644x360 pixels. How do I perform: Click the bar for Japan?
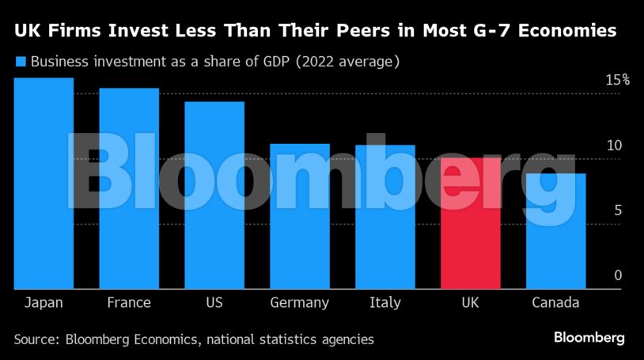[44, 184]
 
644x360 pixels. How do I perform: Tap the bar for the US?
[214, 195]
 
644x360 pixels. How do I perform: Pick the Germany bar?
[300, 216]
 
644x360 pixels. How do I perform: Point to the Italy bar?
[385, 217]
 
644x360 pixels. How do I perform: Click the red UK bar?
[471, 224]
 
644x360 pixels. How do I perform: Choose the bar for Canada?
[556, 231]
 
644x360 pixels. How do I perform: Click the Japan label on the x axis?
[44, 303]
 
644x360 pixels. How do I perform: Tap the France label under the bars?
[129, 303]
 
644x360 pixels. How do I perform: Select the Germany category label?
[299, 303]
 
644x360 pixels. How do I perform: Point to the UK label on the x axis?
[470, 303]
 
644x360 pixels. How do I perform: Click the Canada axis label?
[555, 303]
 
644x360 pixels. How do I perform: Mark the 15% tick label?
[617, 80]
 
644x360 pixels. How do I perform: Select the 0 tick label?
[619, 275]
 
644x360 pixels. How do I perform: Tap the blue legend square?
[21, 61]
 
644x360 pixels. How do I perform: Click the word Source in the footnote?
[38, 339]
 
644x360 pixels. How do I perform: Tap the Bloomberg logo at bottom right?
[589, 338]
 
